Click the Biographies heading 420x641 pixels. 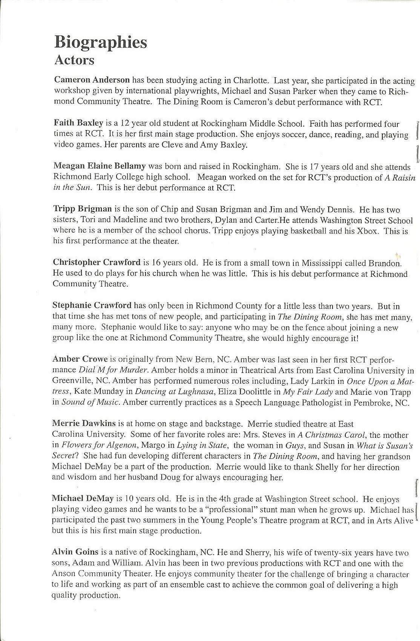pyautogui.click(x=100, y=42)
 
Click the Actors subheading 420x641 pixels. pyautogui.click(x=74, y=60)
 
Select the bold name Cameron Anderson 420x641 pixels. pyautogui.click(x=92, y=80)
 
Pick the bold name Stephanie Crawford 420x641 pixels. pyautogui.click(x=92, y=305)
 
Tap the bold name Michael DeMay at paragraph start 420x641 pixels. pyautogui.click(x=83, y=499)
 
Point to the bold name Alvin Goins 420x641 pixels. pyautogui.click(x=75, y=552)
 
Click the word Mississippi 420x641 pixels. pyautogui.click(x=330, y=262)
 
